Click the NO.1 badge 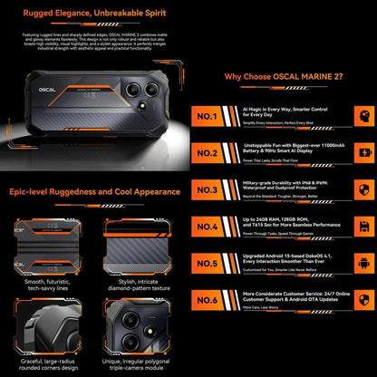pos(208,116)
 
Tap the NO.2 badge pos(208,153)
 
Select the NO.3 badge pos(208,191)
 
